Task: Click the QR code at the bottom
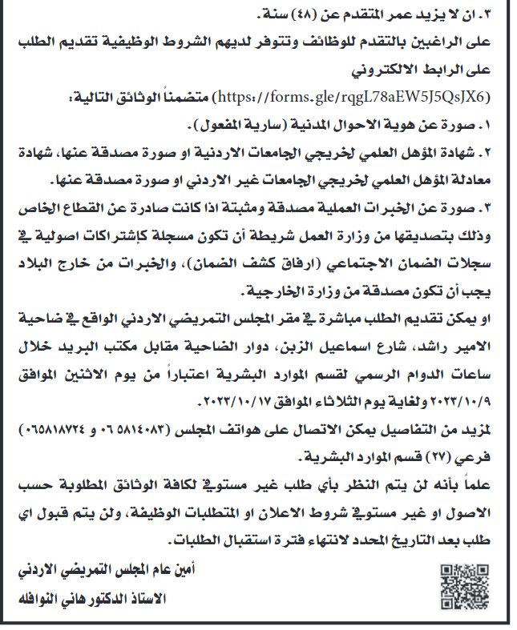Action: coord(462,584)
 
